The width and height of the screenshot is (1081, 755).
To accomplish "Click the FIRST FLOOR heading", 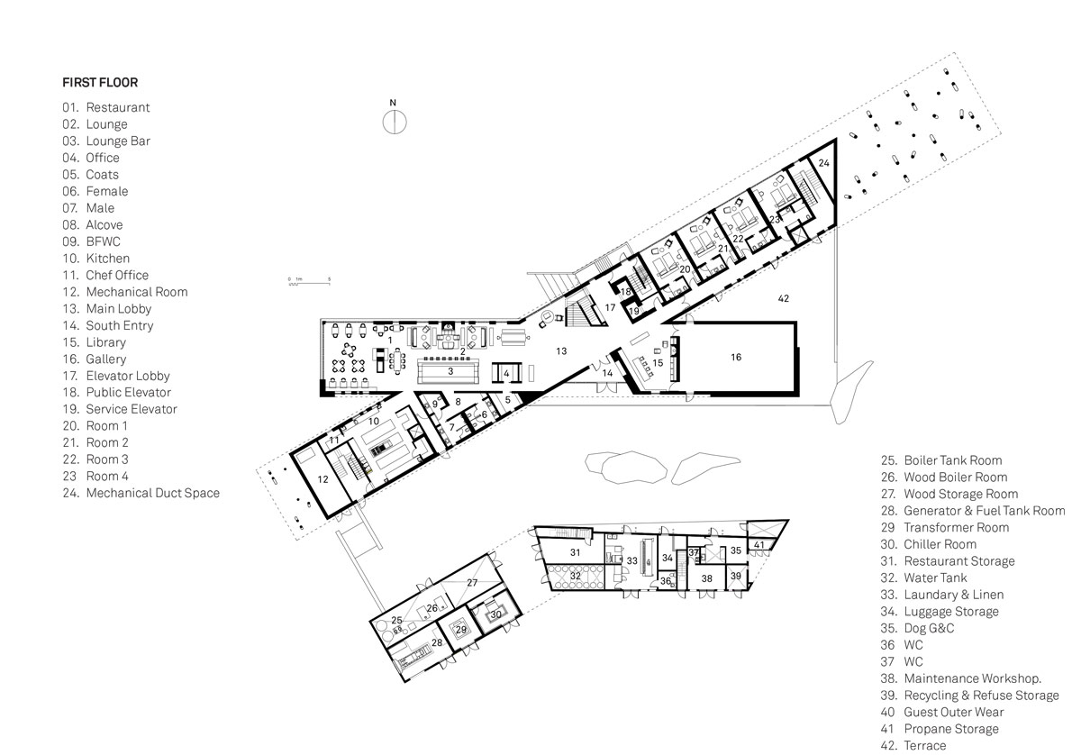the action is coord(100,83).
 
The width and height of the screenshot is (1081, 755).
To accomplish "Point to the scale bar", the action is coord(309,281).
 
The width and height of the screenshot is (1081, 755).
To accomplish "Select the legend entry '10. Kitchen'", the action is coord(96,259).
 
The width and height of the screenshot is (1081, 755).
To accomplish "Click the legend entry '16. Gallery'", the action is coord(94,359).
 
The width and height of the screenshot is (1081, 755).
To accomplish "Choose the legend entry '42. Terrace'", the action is coord(913,745).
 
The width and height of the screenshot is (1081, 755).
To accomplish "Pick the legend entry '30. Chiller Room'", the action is coord(928,544).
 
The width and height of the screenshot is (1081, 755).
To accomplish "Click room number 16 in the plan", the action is coord(735,357).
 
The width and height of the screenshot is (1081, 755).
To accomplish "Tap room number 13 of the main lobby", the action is coord(560,351).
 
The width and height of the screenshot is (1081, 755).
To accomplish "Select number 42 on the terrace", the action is coord(783,299).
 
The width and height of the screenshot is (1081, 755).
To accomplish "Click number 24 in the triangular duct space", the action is coord(823,163).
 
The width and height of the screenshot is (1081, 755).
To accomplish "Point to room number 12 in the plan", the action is coord(322,479).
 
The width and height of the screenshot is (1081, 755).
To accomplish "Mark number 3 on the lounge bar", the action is coord(450,371).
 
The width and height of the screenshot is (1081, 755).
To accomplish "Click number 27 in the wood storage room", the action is coord(472,583).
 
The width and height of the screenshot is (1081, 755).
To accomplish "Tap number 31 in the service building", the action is coord(575,552).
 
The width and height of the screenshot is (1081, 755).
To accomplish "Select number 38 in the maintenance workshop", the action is coord(706,578).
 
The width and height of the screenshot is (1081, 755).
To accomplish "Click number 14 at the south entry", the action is coord(607,373).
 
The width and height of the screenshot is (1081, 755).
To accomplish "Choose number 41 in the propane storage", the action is coord(759,545).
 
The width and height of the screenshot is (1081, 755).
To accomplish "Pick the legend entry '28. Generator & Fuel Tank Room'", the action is coord(972,511).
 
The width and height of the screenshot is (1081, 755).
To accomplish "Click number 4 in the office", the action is coord(506,373).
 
